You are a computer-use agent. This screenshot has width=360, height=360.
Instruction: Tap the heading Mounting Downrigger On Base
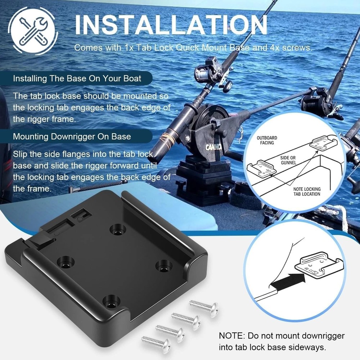point(72,137)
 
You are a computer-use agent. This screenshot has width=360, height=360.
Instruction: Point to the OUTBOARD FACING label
point(267,140)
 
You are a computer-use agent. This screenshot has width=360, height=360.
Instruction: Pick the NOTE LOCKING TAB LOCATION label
point(306,192)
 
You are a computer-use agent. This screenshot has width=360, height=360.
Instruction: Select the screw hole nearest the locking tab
point(116,229)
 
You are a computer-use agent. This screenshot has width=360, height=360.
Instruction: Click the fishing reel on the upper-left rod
point(209,74)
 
